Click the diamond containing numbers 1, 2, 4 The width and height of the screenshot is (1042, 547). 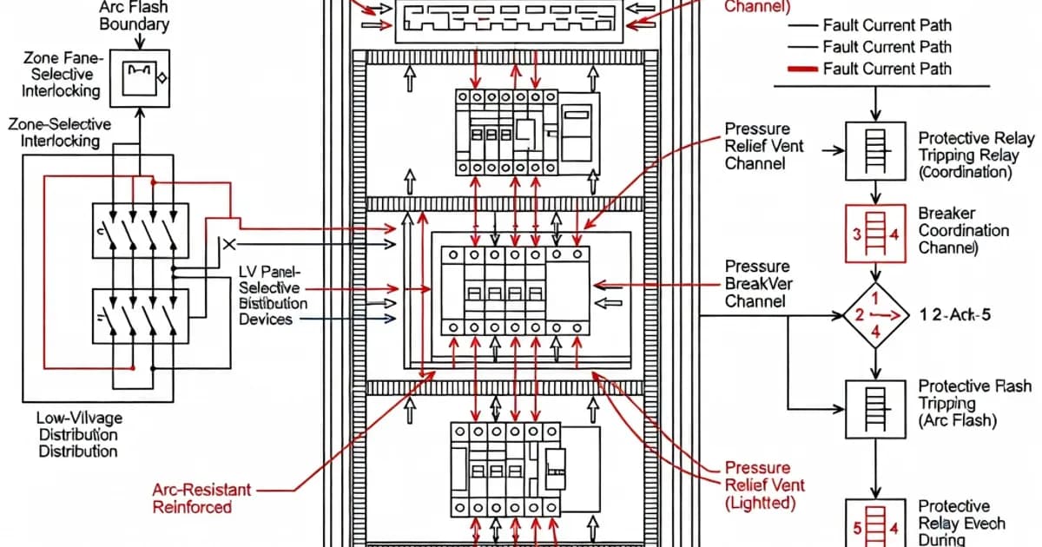(x=874, y=315)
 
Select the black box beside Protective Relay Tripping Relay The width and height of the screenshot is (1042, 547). (x=874, y=150)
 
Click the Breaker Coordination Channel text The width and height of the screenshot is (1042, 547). (x=963, y=231)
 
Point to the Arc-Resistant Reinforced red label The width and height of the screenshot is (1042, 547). (x=201, y=498)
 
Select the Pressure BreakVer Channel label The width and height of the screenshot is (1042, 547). (x=757, y=284)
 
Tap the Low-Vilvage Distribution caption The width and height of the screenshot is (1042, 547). (x=77, y=434)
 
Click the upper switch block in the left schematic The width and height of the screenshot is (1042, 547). (x=140, y=231)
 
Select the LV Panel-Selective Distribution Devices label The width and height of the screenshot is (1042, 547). (x=273, y=295)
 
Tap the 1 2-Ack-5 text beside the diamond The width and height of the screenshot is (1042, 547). (x=955, y=315)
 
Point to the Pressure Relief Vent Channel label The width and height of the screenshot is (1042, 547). (x=764, y=146)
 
